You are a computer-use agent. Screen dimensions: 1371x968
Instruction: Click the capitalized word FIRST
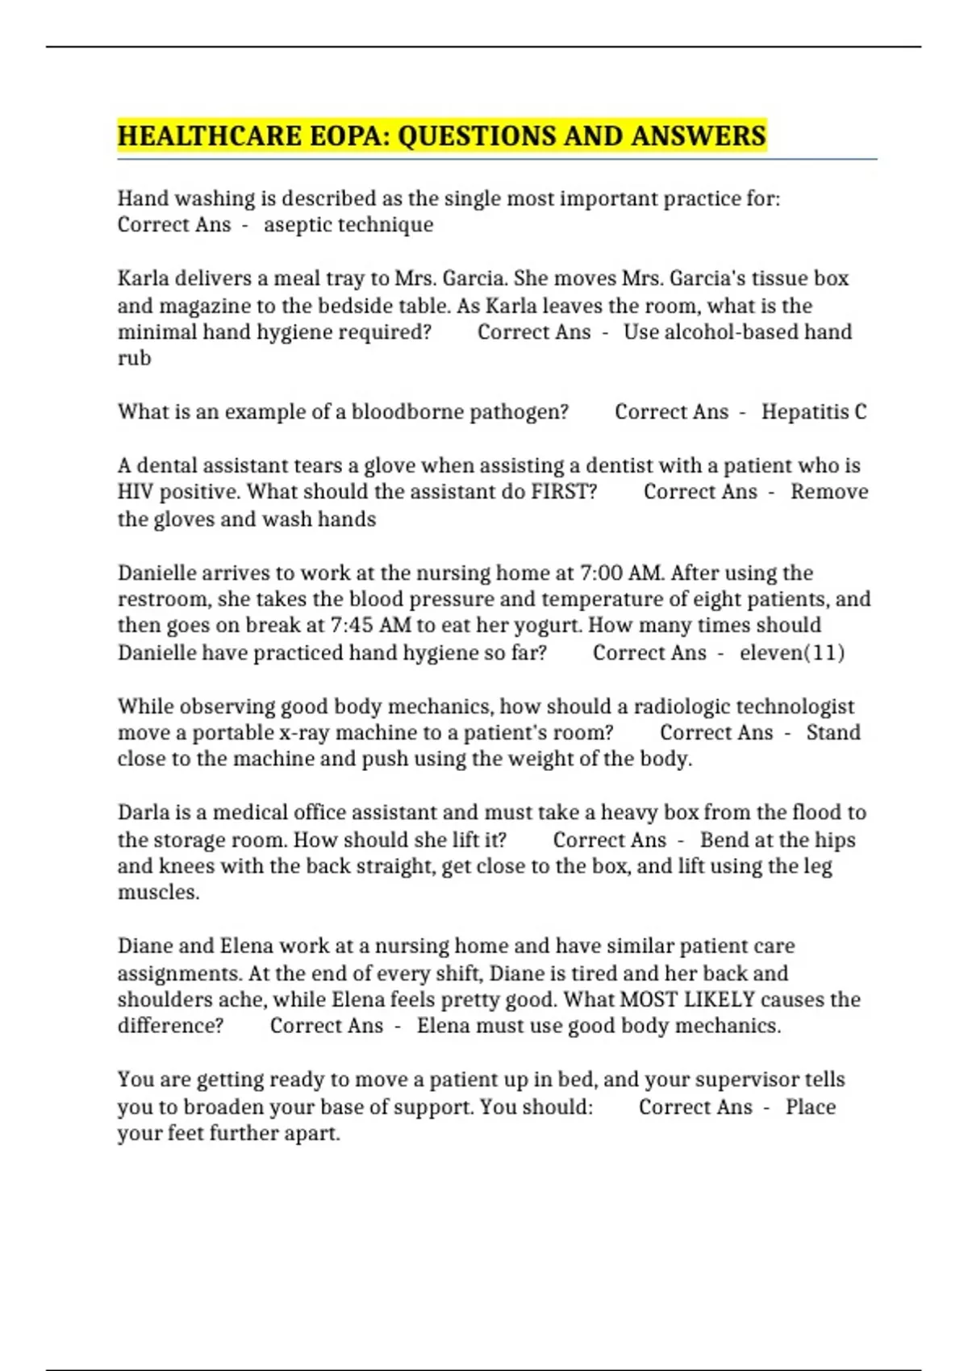(x=564, y=491)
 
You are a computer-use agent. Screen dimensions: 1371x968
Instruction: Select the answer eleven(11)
(x=792, y=652)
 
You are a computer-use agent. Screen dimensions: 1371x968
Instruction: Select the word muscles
(x=158, y=892)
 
